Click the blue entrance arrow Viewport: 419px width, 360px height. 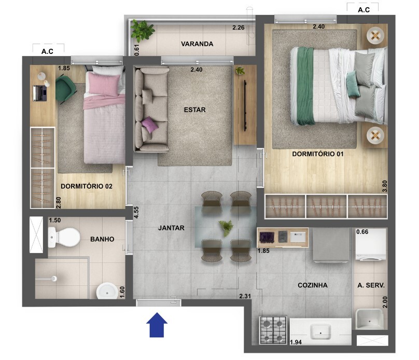tap(157, 325)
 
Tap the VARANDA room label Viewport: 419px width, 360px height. tap(197, 44)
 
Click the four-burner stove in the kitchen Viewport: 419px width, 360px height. tap(273, 330)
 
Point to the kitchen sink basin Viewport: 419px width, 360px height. tap(320, 331)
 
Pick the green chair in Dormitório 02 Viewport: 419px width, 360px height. tap(65, 89)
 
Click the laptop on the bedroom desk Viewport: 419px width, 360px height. tap(40, 93)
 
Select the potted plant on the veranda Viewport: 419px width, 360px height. tap(142, 30)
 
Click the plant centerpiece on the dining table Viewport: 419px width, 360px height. tap(226, 228)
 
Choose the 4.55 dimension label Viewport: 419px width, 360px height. tap(136, 213)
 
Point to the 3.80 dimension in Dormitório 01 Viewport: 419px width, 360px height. tap(385, 186)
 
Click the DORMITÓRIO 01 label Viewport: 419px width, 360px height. tap(317, 154)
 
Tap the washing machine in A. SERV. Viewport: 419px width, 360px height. tap(370, 244)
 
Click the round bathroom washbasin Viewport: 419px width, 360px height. tap(107, 291)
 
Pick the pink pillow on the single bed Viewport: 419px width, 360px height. tap(104, 84)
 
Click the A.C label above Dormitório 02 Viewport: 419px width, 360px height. tap(47, 51)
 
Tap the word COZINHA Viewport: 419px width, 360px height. tap(312, 285)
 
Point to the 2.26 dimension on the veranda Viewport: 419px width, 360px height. tap(239, 27)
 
